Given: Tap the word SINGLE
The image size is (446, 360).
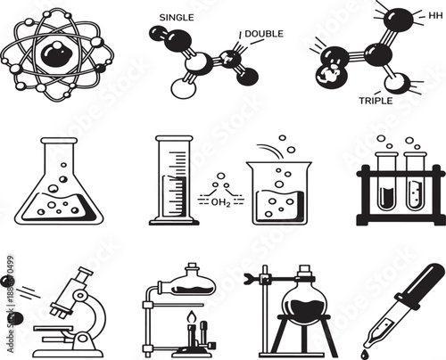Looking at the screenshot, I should tap(176, 17).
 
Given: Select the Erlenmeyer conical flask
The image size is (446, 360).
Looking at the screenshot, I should tap(56, 196).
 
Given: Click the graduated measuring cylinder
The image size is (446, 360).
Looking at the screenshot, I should tap(172, 183).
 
